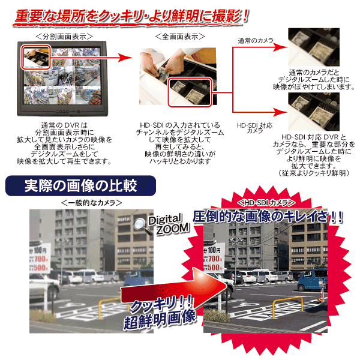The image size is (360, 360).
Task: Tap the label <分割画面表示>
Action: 65,36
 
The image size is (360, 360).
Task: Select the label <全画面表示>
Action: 180,36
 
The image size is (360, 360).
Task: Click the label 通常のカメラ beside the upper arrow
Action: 256,41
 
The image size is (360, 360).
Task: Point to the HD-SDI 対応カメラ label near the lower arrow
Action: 254,128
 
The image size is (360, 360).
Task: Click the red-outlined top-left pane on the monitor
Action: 36,57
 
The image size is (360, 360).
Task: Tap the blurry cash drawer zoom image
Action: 314,47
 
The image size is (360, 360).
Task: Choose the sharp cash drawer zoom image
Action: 314,112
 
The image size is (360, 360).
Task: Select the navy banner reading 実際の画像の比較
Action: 80,186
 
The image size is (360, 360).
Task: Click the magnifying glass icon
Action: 142,226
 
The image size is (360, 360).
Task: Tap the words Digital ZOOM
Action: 169,224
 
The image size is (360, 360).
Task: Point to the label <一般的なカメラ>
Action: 91,203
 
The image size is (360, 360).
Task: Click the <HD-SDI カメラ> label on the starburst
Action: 266,203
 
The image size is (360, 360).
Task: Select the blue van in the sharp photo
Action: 313,280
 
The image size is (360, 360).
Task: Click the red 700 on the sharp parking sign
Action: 215,259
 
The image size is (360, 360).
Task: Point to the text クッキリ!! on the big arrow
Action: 161,305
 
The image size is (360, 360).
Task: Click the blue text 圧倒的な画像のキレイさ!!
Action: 268,217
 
